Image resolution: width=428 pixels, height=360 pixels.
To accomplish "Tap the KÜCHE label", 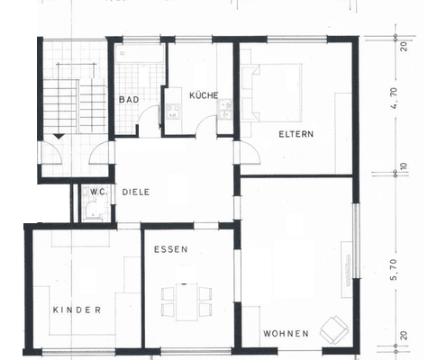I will [203, 95].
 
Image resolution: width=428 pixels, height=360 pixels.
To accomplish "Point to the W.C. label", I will [96, 191].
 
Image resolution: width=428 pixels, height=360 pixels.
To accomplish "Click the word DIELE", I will [135, 192].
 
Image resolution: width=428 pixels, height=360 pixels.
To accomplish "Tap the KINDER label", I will [77, 309].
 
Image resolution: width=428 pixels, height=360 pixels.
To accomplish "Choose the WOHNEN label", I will [287, 333].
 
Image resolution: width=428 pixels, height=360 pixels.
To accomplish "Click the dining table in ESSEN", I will [187, 301].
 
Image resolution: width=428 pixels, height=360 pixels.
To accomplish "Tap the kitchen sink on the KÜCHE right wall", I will [225, 109].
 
